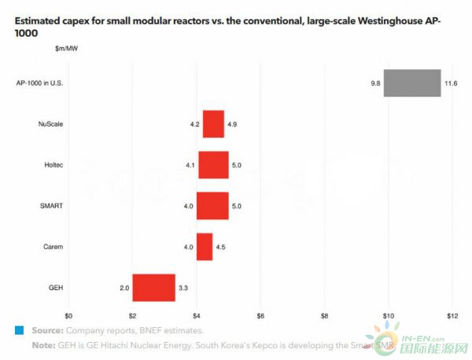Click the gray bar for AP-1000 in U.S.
412,83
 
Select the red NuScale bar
213,124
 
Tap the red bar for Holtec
213,165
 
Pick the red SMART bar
212,206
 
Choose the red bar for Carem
205,247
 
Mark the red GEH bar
153,288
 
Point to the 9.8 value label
375,83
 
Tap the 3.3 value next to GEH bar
183,288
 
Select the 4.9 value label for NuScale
233,124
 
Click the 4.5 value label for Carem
221,247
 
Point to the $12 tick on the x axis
452,316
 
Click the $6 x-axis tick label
260,316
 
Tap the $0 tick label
68,316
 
